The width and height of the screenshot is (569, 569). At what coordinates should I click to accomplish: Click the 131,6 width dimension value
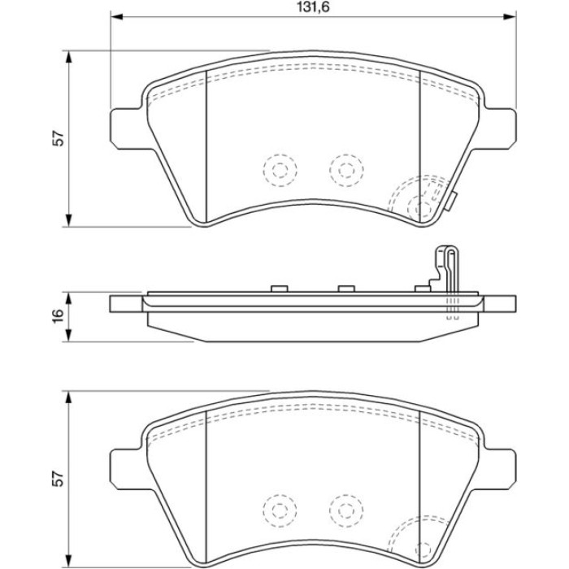coord(313,7)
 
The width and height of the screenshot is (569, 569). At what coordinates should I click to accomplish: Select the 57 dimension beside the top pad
coord(59,138)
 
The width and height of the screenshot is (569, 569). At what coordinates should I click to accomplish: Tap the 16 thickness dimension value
coord(59,316)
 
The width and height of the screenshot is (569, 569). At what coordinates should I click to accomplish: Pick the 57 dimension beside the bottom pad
coord(59,479)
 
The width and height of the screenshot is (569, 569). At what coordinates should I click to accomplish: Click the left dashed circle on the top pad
coord(280,169)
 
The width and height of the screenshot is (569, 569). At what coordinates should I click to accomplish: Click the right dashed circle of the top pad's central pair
coord(346,170)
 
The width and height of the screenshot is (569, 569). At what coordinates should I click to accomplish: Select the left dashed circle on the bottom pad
coord(280,510)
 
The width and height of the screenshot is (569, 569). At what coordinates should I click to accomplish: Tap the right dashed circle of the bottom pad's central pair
coord(346,510)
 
